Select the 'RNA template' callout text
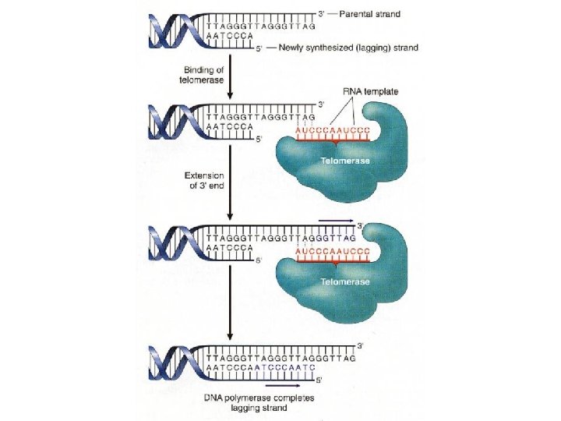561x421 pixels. click(371, 92)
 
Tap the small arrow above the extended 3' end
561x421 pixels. click(336, 221)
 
